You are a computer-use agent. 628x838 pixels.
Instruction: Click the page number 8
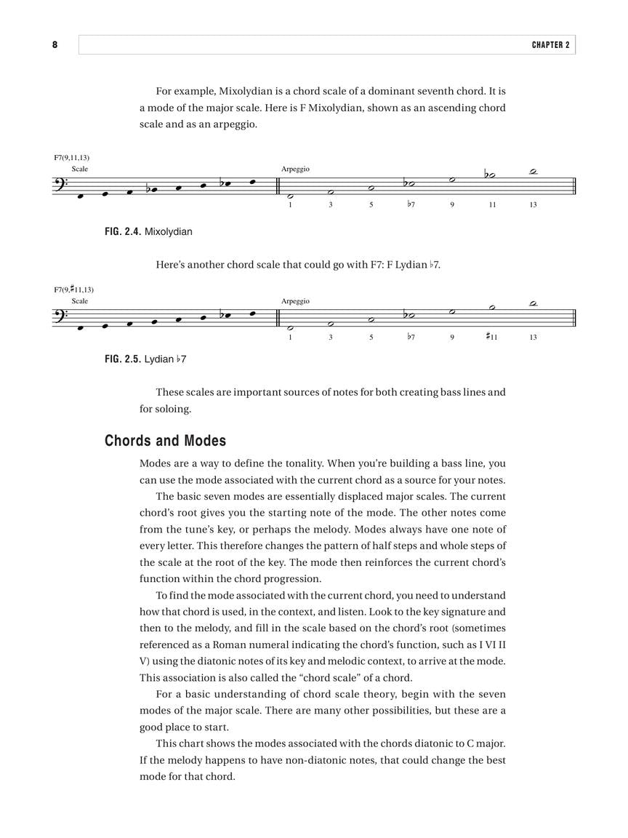(x=55, y=45)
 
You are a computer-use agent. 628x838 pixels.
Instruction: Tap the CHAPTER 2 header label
(x=551, y=45)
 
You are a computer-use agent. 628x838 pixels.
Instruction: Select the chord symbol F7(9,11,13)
(x=71, y=157)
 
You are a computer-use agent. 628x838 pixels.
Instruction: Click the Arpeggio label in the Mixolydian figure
(x=295, y=169)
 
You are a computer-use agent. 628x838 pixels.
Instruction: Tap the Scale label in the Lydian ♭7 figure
(x=80, y=301)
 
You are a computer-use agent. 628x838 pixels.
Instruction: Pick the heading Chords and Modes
(x=165, y=441)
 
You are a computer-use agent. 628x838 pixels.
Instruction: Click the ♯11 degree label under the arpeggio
(x=491, y=337)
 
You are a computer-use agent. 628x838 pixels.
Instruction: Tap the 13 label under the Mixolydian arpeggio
(x=533, y=204)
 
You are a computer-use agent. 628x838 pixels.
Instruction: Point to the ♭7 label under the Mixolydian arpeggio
(x=411, y=204)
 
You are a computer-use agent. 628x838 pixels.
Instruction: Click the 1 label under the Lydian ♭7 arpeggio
(x=290, y=337)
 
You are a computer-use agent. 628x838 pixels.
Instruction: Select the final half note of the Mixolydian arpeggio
(x=533, y=172)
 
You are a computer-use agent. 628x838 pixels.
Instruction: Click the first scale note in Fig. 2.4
(x=80, y=196)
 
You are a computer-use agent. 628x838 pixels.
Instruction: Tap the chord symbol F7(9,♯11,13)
(x=73, y=290)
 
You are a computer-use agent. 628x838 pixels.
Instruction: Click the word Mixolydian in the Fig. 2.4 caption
(x=169, y=232)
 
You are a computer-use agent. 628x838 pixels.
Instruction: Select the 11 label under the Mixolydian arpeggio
(x=492, y=204)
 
